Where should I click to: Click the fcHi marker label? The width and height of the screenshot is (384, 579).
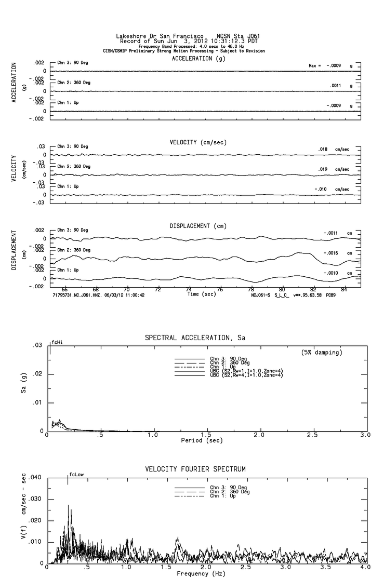[57, 343]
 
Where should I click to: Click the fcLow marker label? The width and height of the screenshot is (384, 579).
[76, 475]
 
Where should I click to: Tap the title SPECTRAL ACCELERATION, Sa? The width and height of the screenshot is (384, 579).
[195, 338]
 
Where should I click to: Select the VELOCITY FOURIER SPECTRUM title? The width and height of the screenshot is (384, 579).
[195, 469]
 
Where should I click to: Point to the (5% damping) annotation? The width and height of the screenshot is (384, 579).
[322, 353]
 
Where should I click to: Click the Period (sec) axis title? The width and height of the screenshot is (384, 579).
[202, 440]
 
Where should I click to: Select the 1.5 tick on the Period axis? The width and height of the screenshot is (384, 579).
[206, 435]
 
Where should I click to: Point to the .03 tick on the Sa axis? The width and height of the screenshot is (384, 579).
[38, 346]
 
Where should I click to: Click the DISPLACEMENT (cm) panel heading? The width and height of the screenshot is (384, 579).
[198, 226]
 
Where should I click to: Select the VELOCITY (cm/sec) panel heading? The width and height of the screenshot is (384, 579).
[198, 142]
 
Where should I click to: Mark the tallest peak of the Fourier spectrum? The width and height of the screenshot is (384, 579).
[68, 505]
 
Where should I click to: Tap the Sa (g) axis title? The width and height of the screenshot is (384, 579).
[24, 389]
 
